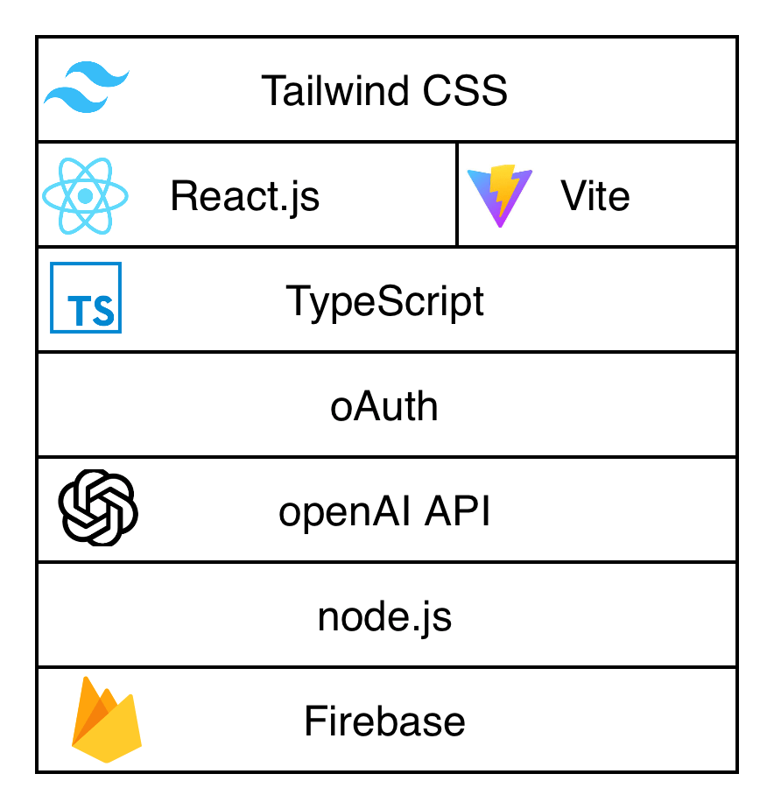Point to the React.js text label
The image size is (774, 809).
pyautogui.click(x=245, y=196)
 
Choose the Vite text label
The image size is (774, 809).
pyautogui.click(x=595, y=196)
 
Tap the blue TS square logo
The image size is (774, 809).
pyautogui.click(x=86, y=298)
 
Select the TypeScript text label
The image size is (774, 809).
pyautogui.click(x=385, y=302)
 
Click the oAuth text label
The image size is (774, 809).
pyautogui.click(x=384, y=407)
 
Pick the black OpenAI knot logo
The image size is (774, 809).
pyautogui.click(x=98, y=508)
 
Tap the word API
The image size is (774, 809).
pyautogui.click(x=457, y=512)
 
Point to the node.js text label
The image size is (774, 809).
pyautogui.click(x=384, y=618)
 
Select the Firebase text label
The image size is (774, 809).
pyautogui.click(x=384, y=722)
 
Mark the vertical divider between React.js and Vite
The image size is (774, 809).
pyautogui.click(x=457, y=194)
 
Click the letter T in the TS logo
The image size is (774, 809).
pyautogui.click(x=78, y=311)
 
